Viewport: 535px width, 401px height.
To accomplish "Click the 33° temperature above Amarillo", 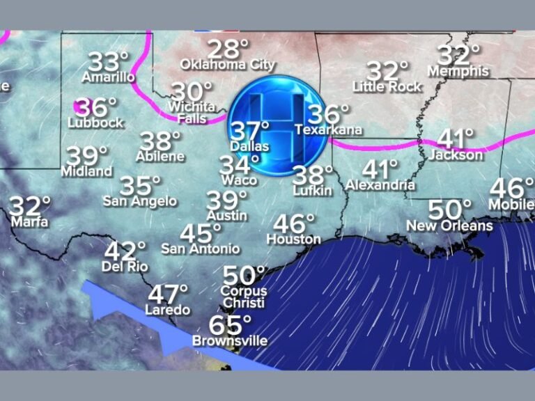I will point(108,61).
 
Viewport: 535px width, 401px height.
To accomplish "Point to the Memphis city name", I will point(458,71).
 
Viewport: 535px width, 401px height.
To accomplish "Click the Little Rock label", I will point(387,86).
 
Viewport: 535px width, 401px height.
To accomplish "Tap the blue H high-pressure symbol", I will point(278,125).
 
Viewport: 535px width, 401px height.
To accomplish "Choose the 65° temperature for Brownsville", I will point(230,325).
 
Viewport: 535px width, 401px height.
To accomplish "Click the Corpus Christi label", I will point(243,297).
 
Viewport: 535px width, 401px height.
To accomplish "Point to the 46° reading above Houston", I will point(294,223).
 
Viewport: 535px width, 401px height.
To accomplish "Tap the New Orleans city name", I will point(449,226).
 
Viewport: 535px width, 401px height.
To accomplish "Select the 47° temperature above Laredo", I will point(168,294).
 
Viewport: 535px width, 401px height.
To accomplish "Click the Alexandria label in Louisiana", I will point(380,185).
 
